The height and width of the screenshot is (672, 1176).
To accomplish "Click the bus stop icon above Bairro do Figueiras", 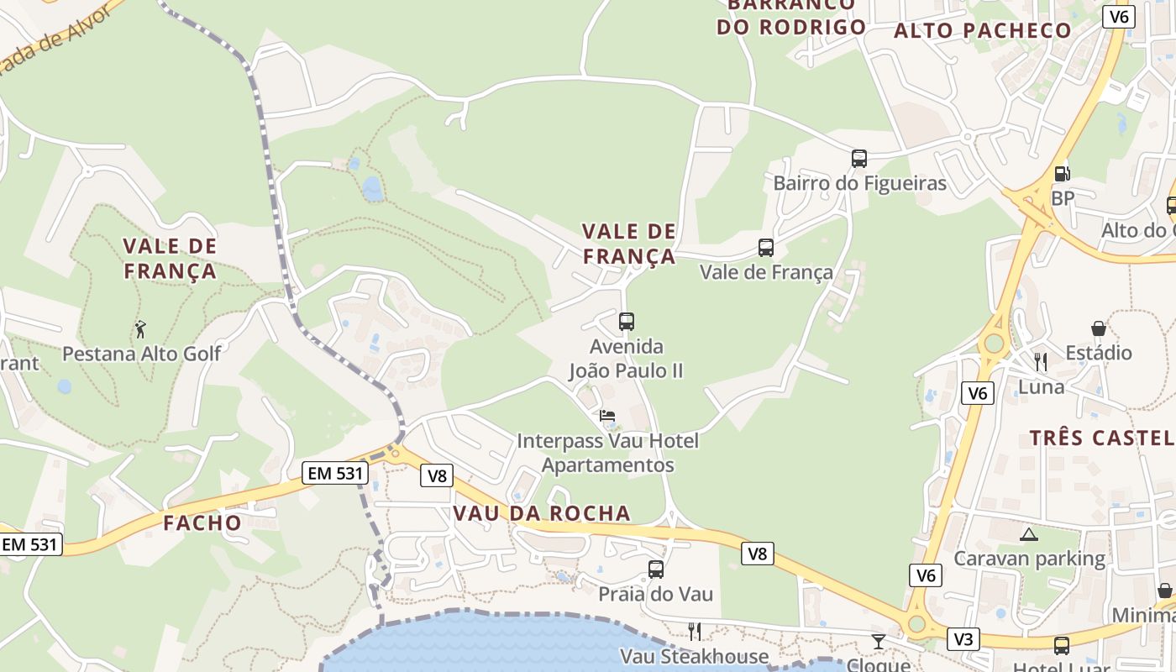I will (x=858, y=158).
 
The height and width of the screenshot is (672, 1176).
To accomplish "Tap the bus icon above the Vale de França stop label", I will (x=765, y=247).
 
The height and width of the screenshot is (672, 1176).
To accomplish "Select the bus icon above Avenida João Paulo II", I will (x=626, y=321).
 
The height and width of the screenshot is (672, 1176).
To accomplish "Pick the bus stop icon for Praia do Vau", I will (x=656, y=569).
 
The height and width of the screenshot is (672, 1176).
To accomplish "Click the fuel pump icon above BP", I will (x=1062, y=174).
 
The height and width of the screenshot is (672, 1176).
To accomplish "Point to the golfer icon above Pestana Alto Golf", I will (x=140, y=328).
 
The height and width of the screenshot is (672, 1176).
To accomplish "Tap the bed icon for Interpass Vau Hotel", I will (x=607, y=416).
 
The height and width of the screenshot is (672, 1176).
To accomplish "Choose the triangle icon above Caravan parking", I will (x=1028, y=533).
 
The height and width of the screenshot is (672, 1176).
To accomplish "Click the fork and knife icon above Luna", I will (x=1041, y=362).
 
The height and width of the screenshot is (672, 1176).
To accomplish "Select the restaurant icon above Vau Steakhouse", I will (x=694, y=631).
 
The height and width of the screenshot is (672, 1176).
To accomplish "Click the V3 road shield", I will (x=963, y=639).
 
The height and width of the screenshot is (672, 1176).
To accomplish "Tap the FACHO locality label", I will (x=202, y=522).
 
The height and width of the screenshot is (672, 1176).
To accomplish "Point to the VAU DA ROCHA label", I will (x=541, y=513).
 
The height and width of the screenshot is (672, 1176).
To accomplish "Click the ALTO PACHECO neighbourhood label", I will (x=982, y=31).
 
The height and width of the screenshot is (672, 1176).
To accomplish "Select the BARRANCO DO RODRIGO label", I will (x=790, y=17).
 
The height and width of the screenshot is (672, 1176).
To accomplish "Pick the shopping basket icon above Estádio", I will (x=1098, y=328).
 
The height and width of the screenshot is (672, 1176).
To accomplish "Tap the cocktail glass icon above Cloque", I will (x=878, y=642).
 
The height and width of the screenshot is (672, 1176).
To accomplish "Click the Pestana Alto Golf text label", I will (x=141, y=354).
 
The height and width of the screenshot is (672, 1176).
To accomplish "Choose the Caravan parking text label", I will (x=1029, y=559).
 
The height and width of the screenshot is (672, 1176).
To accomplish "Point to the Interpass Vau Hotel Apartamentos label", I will (x=607, y=453).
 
